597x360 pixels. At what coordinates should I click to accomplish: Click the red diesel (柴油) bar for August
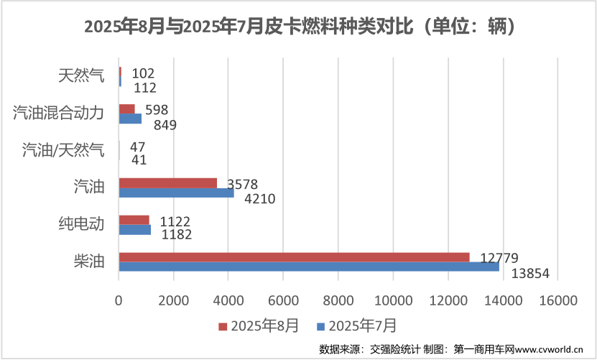pos(294,257)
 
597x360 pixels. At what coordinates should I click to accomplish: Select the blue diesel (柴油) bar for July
pos(309,267)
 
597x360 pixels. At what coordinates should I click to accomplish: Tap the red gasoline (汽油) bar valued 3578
pos(167,183)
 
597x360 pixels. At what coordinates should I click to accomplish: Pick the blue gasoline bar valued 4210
pos(176,193)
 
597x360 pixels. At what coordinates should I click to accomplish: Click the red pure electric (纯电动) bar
pos(134,220)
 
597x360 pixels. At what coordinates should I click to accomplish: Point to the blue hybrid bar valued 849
pos(130,119)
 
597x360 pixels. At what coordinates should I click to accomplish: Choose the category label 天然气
pos(80,75)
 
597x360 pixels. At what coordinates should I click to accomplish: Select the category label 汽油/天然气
pos(63,149)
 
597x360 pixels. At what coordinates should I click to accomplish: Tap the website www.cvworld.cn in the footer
pos(549,349)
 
